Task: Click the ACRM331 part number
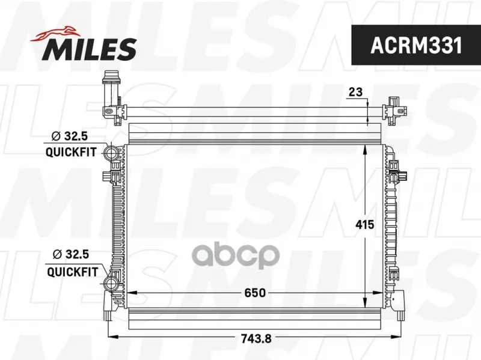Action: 416,46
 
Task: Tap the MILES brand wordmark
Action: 89,49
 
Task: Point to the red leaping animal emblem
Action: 55,34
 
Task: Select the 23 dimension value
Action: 355,92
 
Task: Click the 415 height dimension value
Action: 365,225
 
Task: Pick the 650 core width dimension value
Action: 255,293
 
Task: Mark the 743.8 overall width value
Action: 256,338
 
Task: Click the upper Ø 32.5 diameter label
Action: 70,136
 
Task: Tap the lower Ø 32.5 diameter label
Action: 71,254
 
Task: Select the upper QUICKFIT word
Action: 71,152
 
